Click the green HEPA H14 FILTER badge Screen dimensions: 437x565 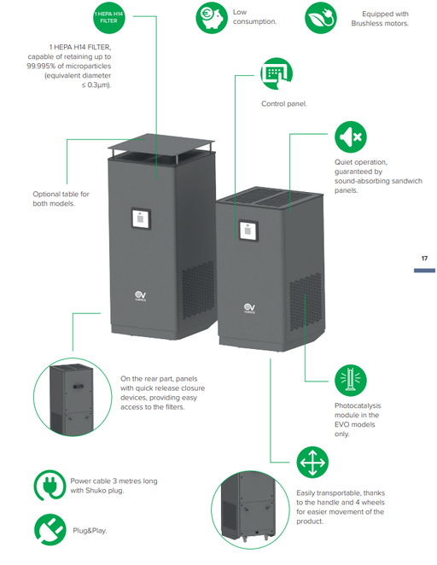tap(108, 18)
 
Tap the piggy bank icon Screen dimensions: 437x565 tap(212, 18)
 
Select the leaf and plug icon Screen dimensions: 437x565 tap(321, 18)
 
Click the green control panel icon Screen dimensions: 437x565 tap(277, 73)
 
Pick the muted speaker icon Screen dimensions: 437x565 tap(350, 137)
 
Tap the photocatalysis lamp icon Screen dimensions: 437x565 tap(350, 380)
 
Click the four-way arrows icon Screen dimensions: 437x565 tap(312, 463)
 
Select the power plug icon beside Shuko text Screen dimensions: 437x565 tap(50, 486)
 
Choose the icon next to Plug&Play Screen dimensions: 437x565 tap(50, 530)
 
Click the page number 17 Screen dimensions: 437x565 tap(424, 259)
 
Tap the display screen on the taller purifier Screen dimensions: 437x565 tap(141, 218)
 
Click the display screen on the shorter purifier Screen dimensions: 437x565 tap(248, 230)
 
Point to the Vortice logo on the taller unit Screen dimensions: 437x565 tap(141, 296)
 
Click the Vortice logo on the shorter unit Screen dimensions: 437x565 tap(249, 308)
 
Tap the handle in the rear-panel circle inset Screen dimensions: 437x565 tap(79, 387)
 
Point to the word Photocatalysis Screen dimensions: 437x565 tap(358, 405)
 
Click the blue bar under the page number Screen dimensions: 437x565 tap(424, 271)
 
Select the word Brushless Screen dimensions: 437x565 tap(367, 23)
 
